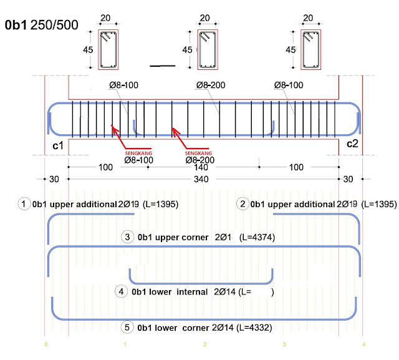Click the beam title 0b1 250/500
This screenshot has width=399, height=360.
tap(42, 25)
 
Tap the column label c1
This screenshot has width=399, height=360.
tap(58, 145)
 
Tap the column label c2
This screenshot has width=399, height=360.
tap(352, 144)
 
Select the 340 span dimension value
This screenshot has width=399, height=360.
tap(201, 179)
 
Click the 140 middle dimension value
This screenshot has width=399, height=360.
tap(201, 167)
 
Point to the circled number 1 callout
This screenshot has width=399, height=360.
tap(24, 204)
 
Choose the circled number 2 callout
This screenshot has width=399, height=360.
tap(243, 204)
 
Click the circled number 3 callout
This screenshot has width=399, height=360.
tap(127, 237)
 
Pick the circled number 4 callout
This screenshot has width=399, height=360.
tap(121, 291)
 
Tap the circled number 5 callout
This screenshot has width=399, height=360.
tap(127, 327)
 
